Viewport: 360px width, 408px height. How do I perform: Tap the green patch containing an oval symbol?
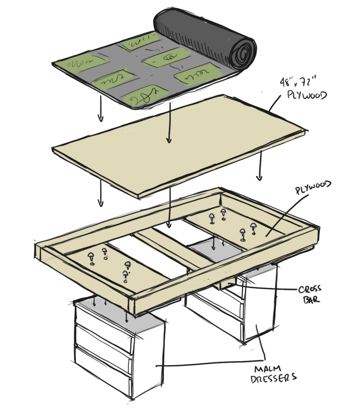tap(166, 59)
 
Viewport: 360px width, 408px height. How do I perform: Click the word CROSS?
tap(309, 290)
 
